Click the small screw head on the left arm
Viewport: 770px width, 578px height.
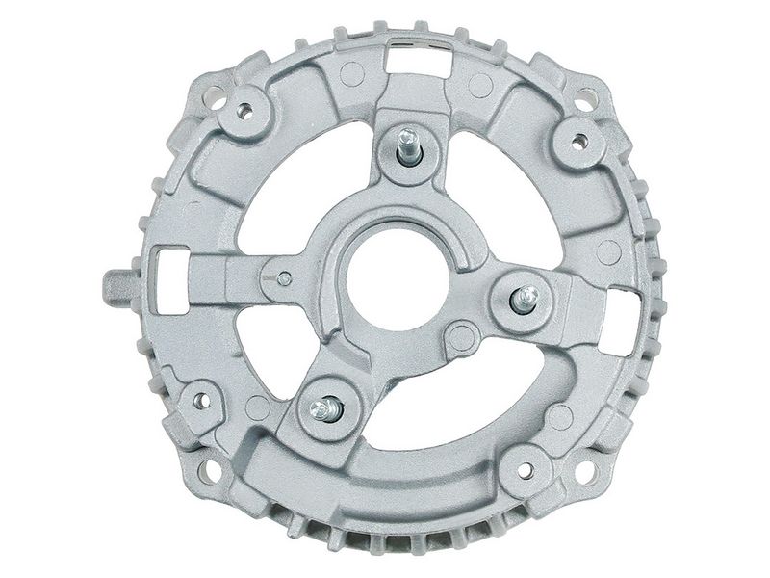click(x=284, y=278)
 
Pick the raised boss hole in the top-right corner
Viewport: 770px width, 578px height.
click(x=578, y=142)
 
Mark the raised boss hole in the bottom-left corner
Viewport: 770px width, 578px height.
click(x=200, y=400)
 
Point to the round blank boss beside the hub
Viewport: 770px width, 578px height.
click(x=463, y=336)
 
